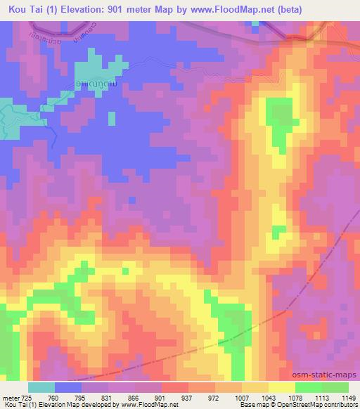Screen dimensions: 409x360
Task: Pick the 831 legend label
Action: (x=105, y=397)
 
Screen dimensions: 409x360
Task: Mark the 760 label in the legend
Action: (x=51, y=397)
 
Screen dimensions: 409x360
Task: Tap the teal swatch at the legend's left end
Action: (x=41, y=387)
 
